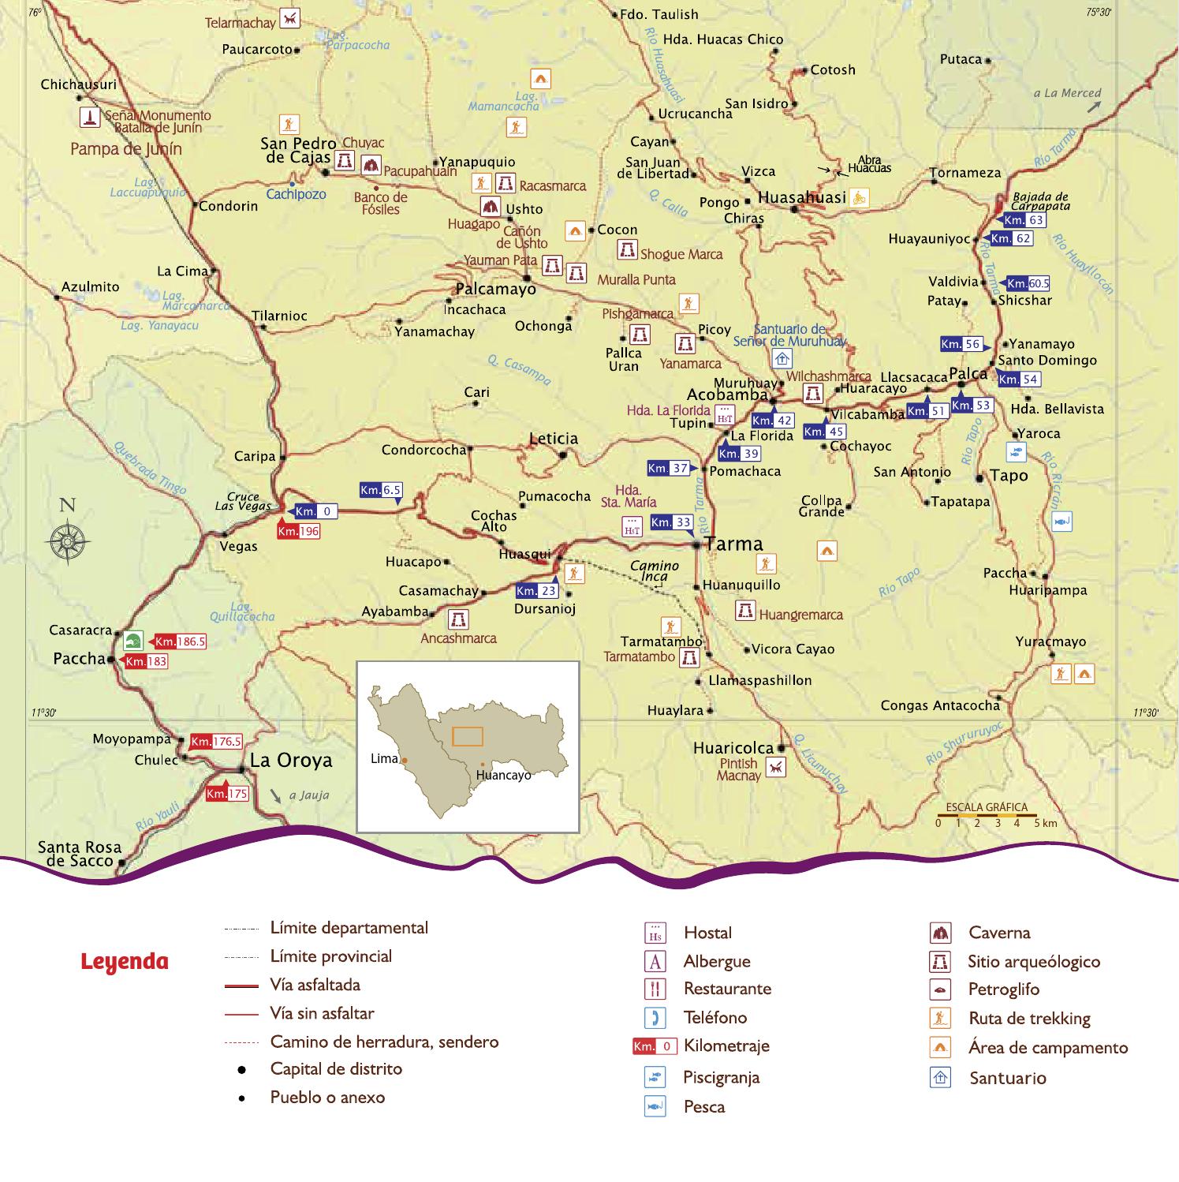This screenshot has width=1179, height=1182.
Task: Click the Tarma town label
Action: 734,544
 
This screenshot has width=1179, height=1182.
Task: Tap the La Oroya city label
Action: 291,760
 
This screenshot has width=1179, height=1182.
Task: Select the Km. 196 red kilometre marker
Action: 299,531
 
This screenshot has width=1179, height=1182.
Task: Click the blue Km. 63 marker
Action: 1024,220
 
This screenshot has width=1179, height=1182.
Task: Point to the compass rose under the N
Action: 69,541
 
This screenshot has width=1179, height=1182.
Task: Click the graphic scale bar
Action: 987,814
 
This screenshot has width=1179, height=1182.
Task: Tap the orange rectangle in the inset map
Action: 468,736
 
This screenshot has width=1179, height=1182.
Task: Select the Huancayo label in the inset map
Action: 503,776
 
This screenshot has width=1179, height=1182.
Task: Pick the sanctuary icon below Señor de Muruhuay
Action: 782,359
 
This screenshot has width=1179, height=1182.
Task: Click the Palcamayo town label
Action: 495,289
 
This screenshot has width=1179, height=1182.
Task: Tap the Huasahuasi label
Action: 801,197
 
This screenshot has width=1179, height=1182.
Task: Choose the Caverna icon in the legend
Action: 940,933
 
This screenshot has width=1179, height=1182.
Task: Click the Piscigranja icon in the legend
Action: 655,1076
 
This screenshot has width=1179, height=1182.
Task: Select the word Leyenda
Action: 125,962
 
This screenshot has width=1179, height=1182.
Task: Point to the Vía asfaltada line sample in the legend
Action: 241,986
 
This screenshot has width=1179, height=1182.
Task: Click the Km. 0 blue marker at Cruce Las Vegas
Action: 316,511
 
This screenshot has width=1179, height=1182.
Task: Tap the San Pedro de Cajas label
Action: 298,150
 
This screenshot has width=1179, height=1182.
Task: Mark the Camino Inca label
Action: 655,570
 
